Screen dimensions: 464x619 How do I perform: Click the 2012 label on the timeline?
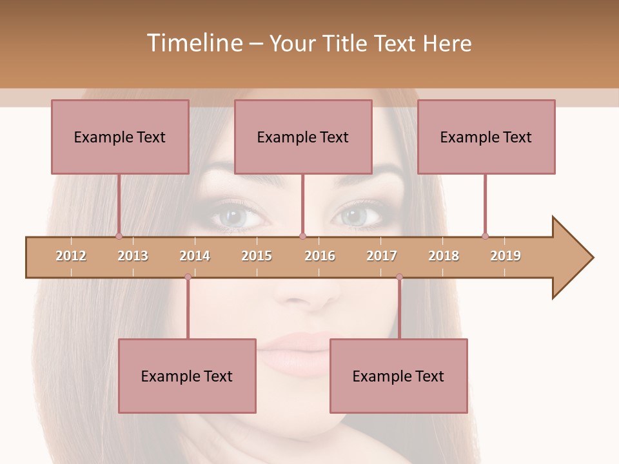pyautogui.click(x=71, y=256)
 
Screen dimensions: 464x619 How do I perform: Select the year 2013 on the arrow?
pyautogui.click(x=133, y=256)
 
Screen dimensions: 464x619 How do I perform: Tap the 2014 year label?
pyautogui.click(x=195, y=256)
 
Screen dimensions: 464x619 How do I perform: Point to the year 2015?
pyautogui.click(x=257, y=256)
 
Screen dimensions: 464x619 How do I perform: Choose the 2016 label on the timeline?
pyautogui.click(x=320, y=256)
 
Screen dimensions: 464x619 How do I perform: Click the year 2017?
pyautogui.click(x=382, y=256)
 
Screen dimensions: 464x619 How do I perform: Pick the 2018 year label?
pyautogui.click(x=444, y=256)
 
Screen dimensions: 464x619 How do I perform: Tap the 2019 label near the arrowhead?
pyautogui.click(x=506, y=256)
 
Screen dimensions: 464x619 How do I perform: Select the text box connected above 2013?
pyautogui.click(x=120, y=137)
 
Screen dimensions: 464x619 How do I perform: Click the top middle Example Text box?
pyautogui.click(x=303, y=137)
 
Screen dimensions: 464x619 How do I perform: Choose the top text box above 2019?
pyautogui.click(x=486, y=137)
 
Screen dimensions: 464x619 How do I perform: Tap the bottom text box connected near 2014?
pyautogui.click(x=187, y=376)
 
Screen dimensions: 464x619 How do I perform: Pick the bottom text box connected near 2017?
pyautogui.click(x=398, y=376)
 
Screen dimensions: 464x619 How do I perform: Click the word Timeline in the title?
pyautogui.click(x=193, y=43)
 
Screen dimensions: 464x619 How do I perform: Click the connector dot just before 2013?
pyautogui.click(x=119, y=237)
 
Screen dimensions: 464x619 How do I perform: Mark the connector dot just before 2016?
pyautogui.click(x=303, y=237)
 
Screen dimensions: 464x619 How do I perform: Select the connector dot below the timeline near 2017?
pyautogui.click(x=399, y=277)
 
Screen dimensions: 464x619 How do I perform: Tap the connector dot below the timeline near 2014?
pyautogui.click(x=188, y=277)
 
